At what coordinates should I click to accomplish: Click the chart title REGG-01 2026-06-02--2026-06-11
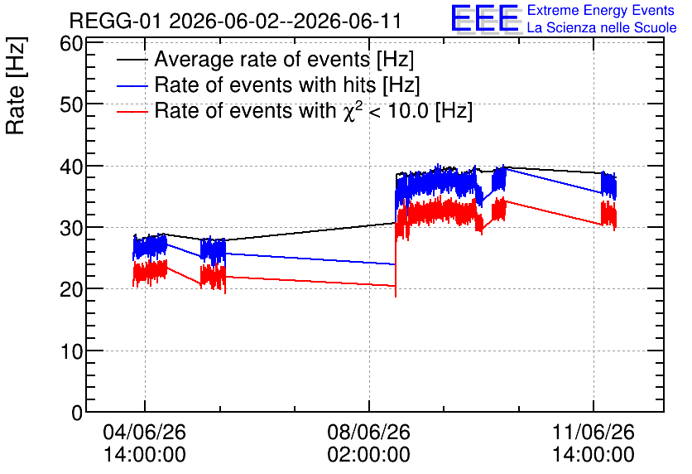coord(235,21)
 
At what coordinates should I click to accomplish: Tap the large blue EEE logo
coord(485,18)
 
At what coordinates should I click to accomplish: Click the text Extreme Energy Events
coord(601,10)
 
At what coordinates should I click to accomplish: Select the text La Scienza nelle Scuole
coord(602,27)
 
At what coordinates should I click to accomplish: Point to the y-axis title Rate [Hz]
coord(16,85)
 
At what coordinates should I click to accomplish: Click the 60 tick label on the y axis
coord(71,44)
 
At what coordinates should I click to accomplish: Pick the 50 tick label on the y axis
coord(71,105)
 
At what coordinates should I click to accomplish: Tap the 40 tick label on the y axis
coord(71,167)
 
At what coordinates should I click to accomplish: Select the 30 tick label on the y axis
coord(71,228)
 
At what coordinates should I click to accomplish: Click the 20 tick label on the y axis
coord(71,289)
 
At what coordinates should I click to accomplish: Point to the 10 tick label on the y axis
coord(71,351)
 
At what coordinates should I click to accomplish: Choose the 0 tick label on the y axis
coord(77,413)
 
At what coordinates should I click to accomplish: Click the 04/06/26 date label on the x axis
coord(144,432)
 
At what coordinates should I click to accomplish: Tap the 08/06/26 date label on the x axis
coord(368,432)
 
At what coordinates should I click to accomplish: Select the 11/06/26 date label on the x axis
coord(593,432)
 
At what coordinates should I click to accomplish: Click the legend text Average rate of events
coord(262,59)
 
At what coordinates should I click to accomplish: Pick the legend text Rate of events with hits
coord(265,85)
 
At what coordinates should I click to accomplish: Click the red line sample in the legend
coord(132,112)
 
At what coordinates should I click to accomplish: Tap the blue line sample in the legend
coord(132,86)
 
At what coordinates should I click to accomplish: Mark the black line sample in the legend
coord(132,60)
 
